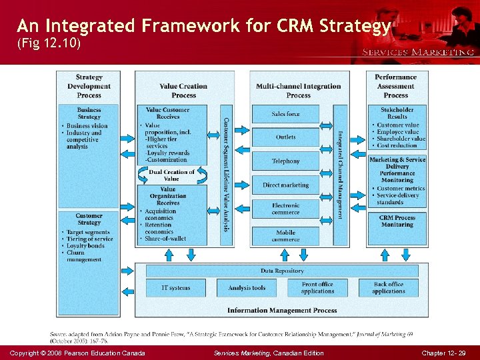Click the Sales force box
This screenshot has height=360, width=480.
point(285,114)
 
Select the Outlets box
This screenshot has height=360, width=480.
point(285,137)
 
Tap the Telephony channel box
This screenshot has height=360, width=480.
point(285,161)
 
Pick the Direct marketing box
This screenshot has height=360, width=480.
point(285,185)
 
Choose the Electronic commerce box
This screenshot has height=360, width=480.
point(285,209)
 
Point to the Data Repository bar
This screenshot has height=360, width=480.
point(282,271)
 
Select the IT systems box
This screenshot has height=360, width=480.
point(175,288)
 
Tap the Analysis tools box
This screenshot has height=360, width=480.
point(247,288)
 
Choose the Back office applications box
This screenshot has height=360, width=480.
point(389,288)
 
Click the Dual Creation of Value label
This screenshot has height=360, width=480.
point(171,175)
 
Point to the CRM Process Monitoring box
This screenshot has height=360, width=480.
point(397,221)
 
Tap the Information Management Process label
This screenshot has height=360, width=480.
point(282,311)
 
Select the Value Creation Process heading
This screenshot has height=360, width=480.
point(183,90)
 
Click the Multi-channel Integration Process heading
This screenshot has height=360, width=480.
point(298,90)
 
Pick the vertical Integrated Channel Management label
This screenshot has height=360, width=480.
point(340,175)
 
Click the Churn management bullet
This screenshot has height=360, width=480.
point(84,256)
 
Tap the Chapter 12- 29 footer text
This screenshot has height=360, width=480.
point(443,353)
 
